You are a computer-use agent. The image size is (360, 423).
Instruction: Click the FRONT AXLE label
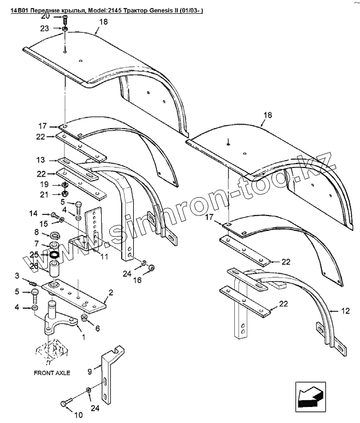(51, 372)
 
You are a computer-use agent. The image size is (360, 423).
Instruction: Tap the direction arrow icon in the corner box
(310, 394)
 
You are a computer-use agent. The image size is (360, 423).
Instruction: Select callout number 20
(61, 17)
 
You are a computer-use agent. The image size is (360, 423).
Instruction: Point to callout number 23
(61, 28)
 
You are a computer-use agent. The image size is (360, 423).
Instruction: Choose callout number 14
(35, 213)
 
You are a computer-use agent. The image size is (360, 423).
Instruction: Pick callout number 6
(97, 328)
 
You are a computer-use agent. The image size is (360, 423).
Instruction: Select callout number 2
(110, 293)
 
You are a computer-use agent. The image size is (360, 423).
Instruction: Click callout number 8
(37, 233)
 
